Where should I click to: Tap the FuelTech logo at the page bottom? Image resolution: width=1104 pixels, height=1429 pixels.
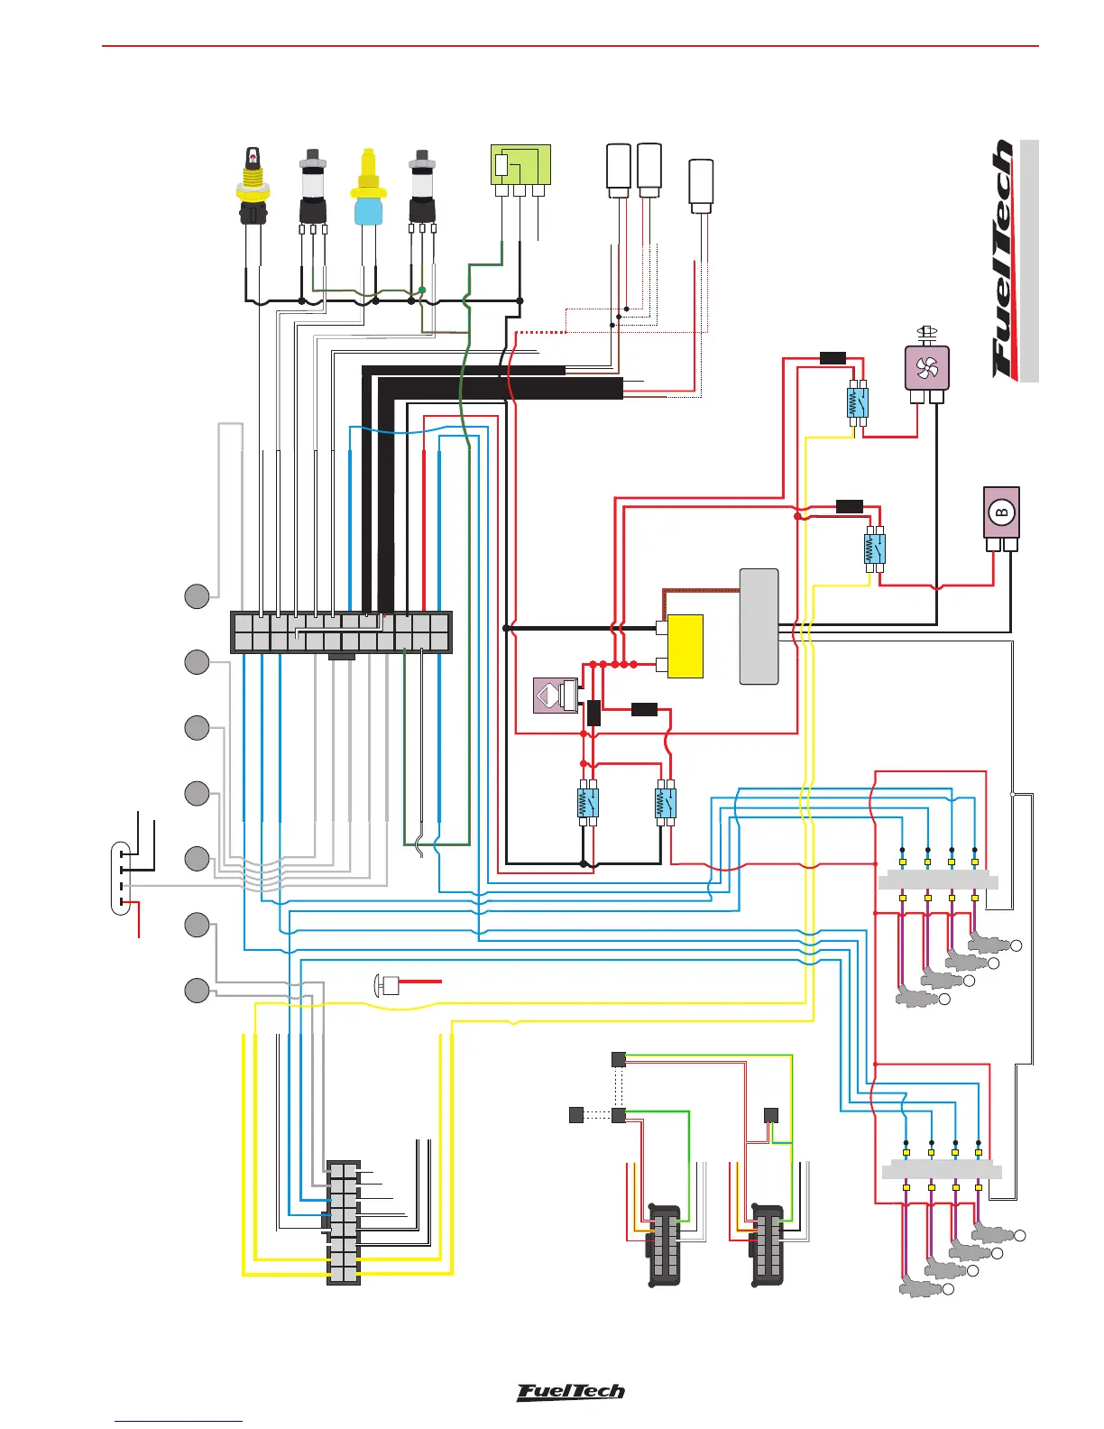click(570, 1392)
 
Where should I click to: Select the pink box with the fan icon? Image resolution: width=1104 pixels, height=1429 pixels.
click(926, 368)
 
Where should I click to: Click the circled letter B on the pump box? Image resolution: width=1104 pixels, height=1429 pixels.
click(1000, 512)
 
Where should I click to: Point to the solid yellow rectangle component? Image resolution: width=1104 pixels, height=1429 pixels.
click(685, 646)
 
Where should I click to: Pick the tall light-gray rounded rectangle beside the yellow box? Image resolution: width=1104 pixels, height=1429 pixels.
click(759, 626)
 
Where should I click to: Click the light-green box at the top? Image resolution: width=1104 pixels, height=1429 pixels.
click(520, 164)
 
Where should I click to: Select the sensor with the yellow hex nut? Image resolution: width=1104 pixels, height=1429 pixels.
click(253, 188)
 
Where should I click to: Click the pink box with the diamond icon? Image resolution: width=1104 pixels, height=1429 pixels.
click(549, 696)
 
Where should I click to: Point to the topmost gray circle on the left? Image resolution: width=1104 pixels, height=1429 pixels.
click(198, 596)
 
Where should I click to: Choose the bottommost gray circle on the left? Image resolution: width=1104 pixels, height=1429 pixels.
click(198, 991)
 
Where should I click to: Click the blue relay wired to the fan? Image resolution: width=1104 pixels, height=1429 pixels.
click(858, 401)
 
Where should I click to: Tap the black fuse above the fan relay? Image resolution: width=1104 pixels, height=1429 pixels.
click(833, 358)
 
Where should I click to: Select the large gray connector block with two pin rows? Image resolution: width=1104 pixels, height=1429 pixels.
click(341, 632)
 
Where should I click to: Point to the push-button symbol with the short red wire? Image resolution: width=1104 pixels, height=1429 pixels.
click(387, 985)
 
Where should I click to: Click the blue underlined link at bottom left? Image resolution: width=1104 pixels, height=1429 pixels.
click(179, 1422)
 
